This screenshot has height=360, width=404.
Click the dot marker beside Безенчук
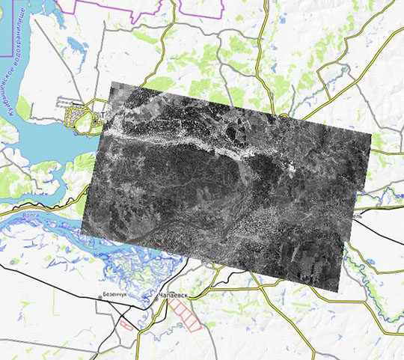point(100,298)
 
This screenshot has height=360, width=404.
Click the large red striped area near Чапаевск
point(185,314)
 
